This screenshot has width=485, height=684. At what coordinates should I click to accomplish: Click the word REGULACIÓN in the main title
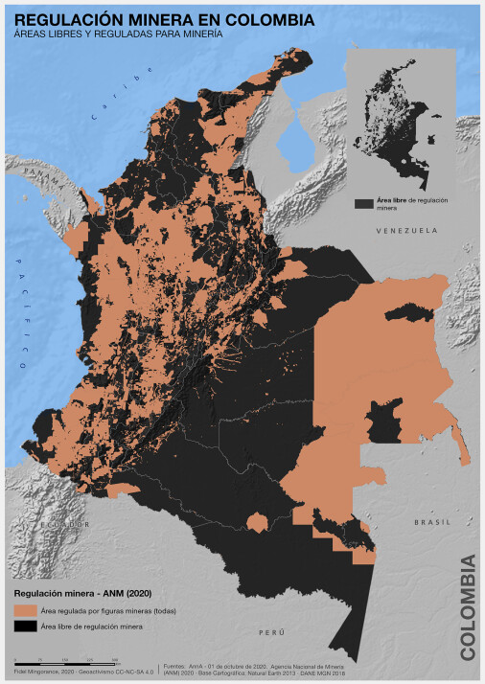[x=66, y=17]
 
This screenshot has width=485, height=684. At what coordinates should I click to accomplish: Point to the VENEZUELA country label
[x=406, y=232]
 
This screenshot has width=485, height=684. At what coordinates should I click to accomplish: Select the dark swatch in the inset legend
[x=362, y=203]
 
